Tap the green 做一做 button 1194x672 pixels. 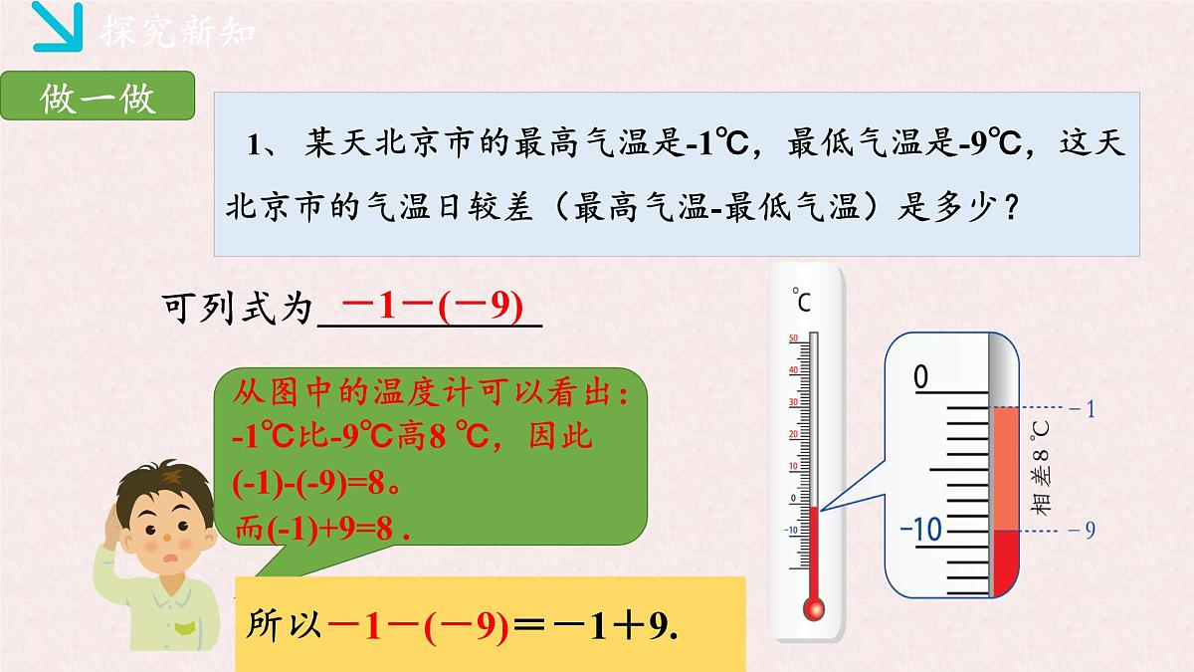pyautogui.click(x=98, y=100)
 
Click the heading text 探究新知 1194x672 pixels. pyautogui.click(x=178, y=32)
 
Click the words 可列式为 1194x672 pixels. pyautogui.click(x=237, y=309)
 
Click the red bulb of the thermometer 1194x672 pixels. pyautogui.click(x=814, y=605)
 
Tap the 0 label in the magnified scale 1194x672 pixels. pyautogui.click(x=920, y=377)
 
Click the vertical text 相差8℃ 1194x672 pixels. pyautogui.click(x=1041, y=468)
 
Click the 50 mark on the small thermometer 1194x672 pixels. pyautogui.click(x=792, y=338)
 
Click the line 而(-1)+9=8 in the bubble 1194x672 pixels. pyautogui.click(x=320, y=528)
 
